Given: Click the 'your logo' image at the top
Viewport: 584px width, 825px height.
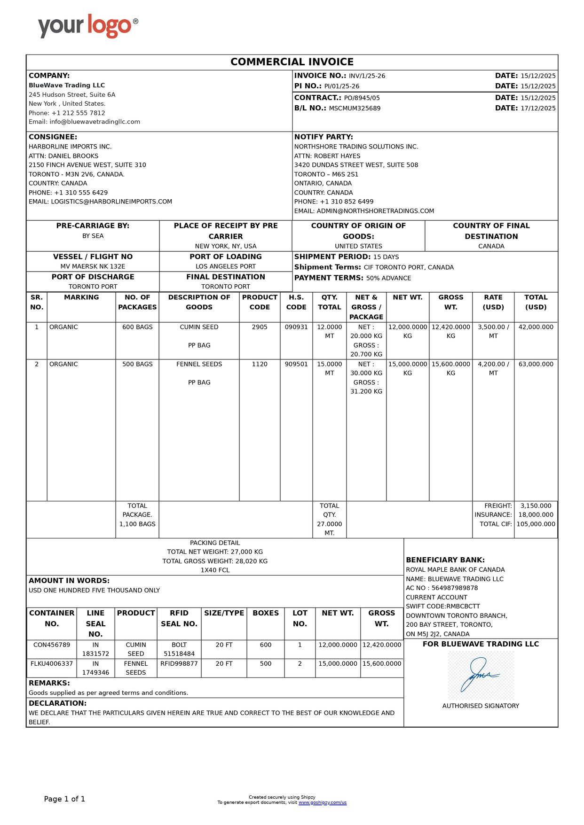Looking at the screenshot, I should click(x=88, y=26).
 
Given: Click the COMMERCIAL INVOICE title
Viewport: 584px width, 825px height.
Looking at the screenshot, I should click(x=292, y=62).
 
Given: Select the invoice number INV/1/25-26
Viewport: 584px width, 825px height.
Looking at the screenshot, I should click(x=367, y=76).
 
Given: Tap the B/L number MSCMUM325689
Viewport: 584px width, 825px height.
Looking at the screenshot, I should click(x=355, y=109).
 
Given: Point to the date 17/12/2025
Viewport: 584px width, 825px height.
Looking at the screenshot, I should click(x=538, y=109).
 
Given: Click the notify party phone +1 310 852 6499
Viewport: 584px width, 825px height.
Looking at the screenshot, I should click(x=347, y=202).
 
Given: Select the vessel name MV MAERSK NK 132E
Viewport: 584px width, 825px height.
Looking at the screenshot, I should click(x=93, y=266).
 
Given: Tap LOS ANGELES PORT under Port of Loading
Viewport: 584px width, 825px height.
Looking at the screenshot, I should click(x=226, y=266).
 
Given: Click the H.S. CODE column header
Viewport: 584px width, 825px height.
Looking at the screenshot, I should click(x=296, y=302).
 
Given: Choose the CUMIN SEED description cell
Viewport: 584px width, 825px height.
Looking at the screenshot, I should click(x=199, y=327).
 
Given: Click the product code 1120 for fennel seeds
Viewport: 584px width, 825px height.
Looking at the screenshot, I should click(x=260, y=364).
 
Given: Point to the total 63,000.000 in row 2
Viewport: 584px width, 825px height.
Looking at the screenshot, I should click(x=536, y=364).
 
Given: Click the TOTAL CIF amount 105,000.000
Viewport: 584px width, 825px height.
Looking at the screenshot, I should click(x=536, y=524).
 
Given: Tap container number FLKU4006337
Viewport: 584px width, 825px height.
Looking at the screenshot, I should click(x=52, y=664).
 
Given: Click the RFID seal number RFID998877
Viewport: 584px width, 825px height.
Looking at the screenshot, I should click(x=179, y=664).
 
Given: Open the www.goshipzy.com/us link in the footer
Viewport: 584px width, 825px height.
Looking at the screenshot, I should click(x=323, y=802).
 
